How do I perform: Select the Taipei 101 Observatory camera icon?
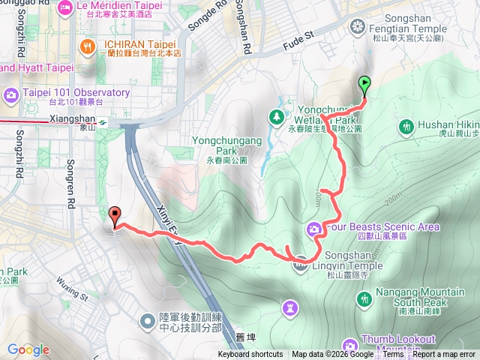click(11, 94)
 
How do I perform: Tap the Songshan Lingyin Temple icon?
click(301, 262)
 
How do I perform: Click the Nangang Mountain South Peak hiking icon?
click(365, 298)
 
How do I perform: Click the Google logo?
click(28, 350)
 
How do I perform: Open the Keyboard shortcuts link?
click(250, 355)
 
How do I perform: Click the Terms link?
click(394, 355)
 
